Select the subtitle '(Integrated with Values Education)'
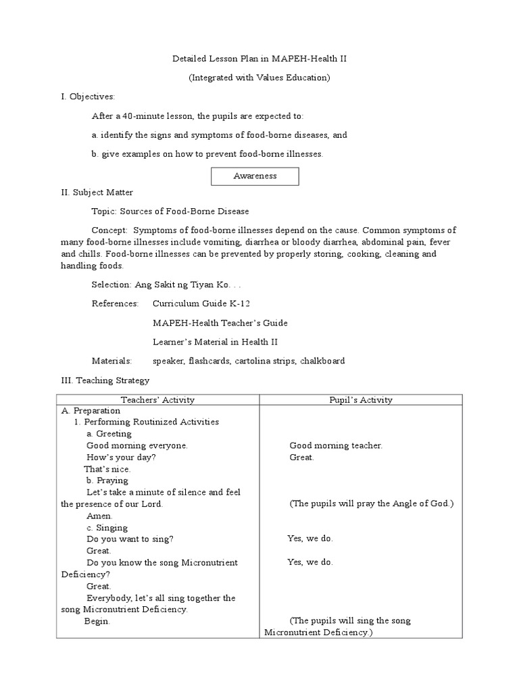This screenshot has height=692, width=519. tap(259, 78)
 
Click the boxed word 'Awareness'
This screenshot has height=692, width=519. tap(255, 176)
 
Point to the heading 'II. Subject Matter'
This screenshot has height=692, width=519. tap(97, 193)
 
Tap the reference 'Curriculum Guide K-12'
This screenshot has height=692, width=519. tap(196, 303)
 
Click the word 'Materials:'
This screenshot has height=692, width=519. tap(112, 361)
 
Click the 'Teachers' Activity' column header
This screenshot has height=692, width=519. tap(157, 400)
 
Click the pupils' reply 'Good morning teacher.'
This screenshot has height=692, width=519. tap(336, 445)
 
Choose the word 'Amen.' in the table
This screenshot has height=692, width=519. tap(100, 516)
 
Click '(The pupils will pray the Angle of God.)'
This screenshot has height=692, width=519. tap(372, 504)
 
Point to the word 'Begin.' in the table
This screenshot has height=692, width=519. tap(97, 621)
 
